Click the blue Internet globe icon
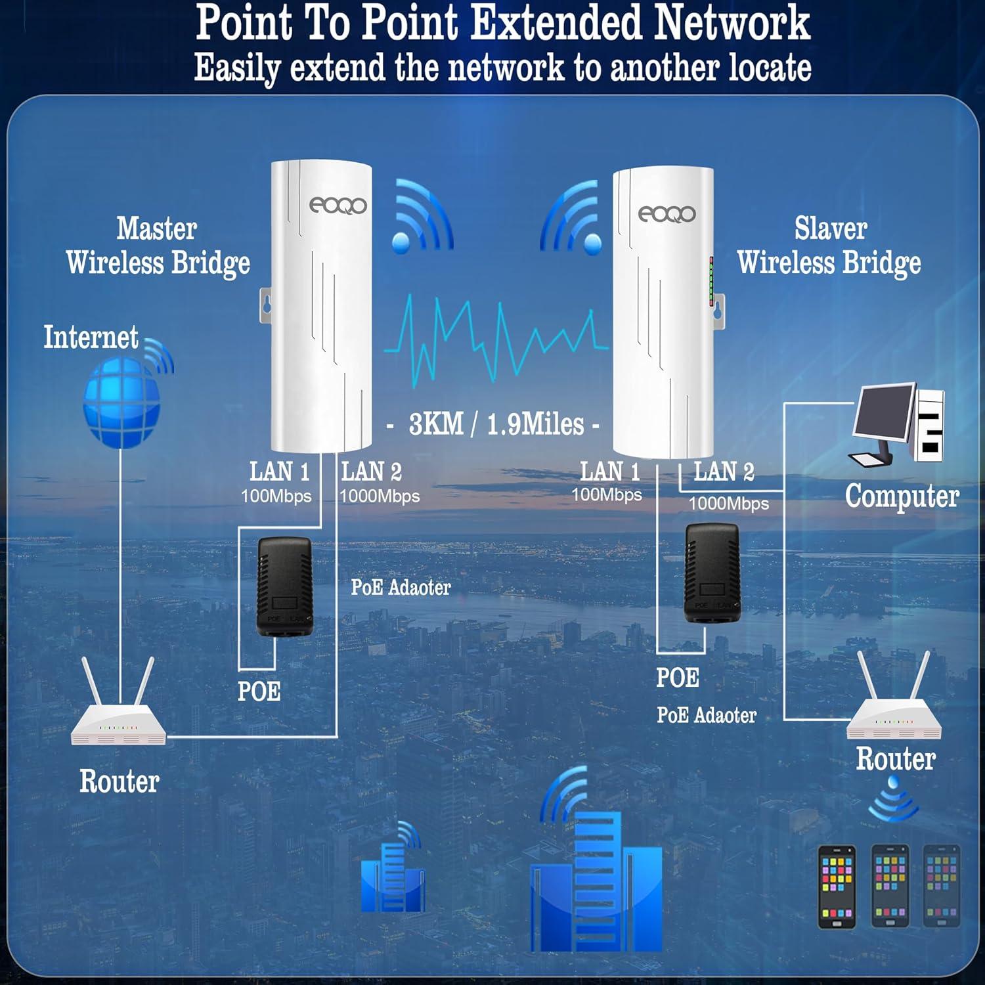[x=122, y=402]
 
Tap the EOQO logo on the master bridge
[x=338, y=206]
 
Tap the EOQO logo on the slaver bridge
[x=666, y=214]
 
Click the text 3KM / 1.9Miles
[x=496, y=424]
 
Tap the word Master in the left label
[x=156, y=229]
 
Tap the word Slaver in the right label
[x=830, y=229]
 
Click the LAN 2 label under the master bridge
[x=371, y=471]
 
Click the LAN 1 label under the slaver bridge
[x=609, y=471]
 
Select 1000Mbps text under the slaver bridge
[x=728, y=504]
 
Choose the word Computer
[x=901, y=496]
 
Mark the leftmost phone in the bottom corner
[x=837, y=886]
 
